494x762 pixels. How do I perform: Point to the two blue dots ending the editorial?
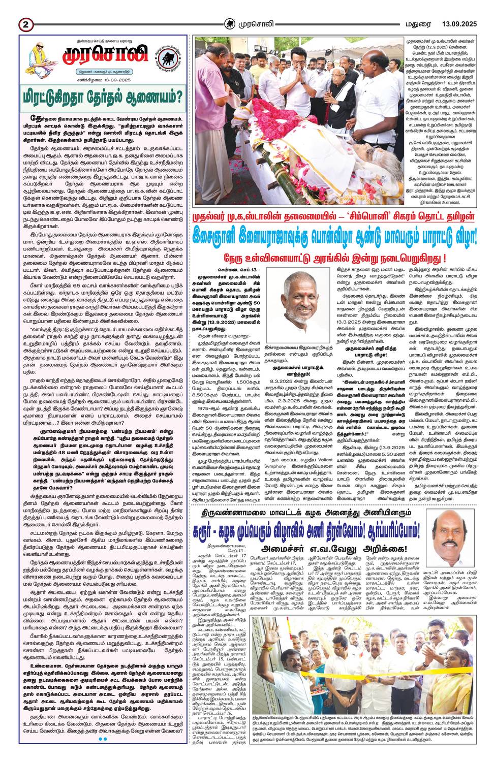102,753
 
